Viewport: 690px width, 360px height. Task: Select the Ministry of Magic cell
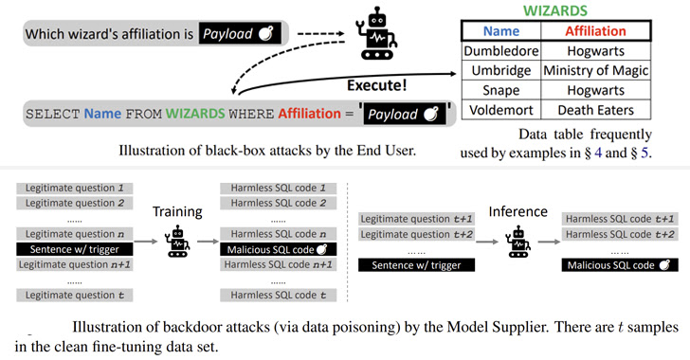pyautogui.click(x=595, y=71)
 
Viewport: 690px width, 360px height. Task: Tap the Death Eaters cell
pyautogui.click(x=595, y=111)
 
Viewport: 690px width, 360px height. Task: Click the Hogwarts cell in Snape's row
pyautogui.click(x=595, y=91)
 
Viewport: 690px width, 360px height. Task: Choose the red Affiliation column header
pyautogui.click(x=595, y=31)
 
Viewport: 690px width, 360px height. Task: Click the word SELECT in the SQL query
pyautogui.click(x=52, y=115)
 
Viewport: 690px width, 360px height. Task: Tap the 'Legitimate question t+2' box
pyautogui.click(x=412, y=234)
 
